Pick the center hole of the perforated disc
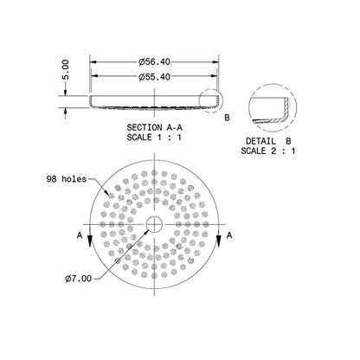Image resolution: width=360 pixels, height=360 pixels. click(x=153, y=226)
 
